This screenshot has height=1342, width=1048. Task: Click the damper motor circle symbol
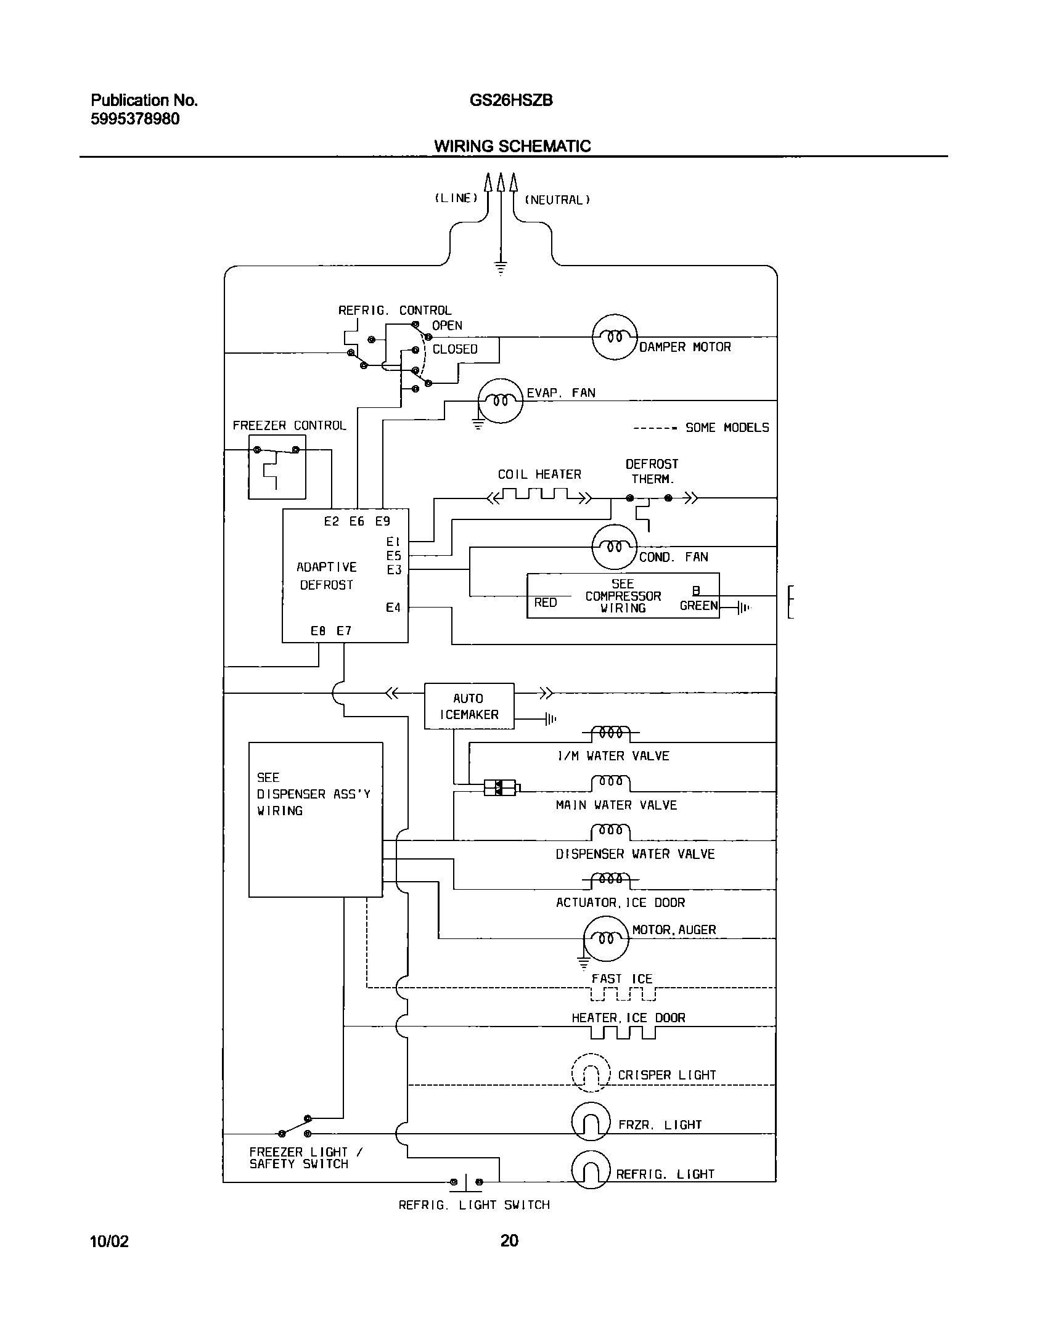(x=614, y=337)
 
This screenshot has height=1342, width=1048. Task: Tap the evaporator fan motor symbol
(x=501, y=401)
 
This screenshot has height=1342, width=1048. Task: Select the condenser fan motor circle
(x=613, y=547)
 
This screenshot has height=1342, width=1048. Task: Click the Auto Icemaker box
(x=469, y=706)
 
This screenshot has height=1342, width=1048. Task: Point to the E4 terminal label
(x=393, y=608)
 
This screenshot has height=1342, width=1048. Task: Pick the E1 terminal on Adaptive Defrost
(x=393, y=542)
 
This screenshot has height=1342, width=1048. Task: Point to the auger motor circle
(x=607, y=938)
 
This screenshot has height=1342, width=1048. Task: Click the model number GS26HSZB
(x=511, y=100)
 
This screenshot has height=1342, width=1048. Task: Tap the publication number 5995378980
(x=135, y=119)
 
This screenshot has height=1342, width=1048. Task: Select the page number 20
(x=509, y=1240)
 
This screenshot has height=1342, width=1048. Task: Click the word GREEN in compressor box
(x=698, y=606)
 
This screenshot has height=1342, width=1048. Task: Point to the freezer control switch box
(x=277, y=466)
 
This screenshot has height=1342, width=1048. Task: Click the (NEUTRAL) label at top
(x=557, y=200)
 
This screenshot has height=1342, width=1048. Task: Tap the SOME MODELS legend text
(x=727, y=428)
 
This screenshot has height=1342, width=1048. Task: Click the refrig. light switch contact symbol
(x=466, y=1182)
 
